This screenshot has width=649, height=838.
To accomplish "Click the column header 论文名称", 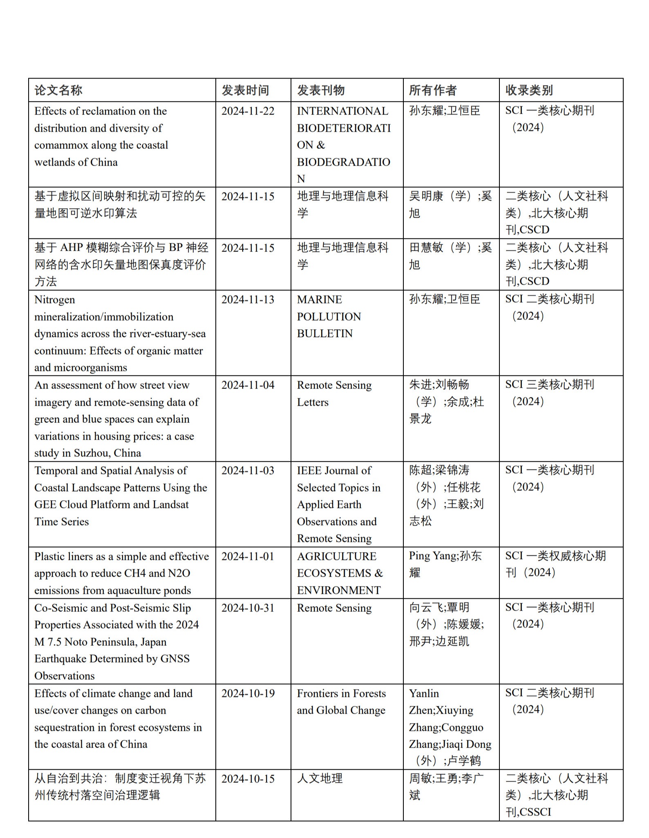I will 58,90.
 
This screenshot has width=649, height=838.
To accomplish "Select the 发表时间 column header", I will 245,90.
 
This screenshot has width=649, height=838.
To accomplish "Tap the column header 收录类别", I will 529,90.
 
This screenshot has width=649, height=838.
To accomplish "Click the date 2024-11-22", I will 248,111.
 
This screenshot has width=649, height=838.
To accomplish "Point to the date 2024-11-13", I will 248,300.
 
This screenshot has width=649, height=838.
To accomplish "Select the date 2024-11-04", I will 248,385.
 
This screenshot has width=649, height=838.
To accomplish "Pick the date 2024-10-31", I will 248,608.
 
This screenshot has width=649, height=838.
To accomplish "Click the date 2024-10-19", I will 248,694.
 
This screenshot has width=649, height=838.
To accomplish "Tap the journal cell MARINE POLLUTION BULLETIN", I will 329,317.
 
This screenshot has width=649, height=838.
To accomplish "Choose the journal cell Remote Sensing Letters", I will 334,393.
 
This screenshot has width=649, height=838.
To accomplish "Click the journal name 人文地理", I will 320,779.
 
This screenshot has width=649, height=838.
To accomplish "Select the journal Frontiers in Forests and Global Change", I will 341,702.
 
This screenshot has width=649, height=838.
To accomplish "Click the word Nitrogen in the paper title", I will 54,300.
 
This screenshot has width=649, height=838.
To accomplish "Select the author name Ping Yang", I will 432,556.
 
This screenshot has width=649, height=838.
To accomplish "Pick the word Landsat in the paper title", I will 170,505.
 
